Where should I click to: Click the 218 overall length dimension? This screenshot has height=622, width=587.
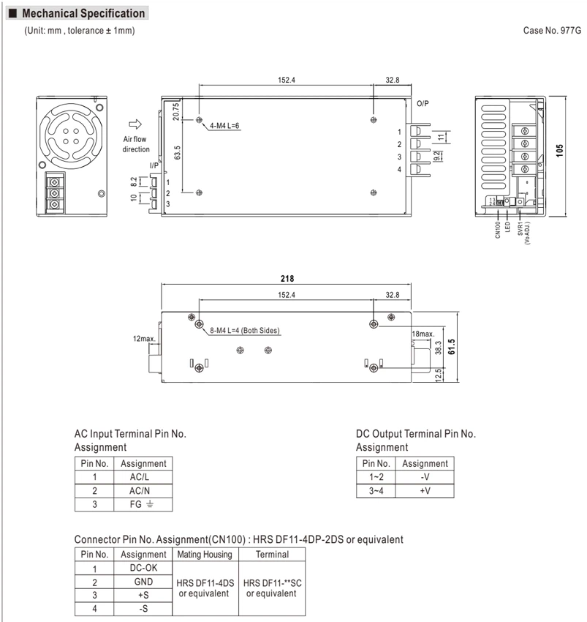287,279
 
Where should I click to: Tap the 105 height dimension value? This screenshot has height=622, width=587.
559,150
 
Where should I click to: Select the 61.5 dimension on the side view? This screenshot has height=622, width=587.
451,347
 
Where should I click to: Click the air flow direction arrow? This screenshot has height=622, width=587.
135,124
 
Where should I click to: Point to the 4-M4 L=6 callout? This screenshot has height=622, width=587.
224,126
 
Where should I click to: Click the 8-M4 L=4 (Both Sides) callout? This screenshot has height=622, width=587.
245,331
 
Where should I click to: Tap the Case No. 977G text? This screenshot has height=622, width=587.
552,31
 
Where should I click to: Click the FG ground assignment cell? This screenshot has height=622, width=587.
143,504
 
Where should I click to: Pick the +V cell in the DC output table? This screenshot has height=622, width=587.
425,491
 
